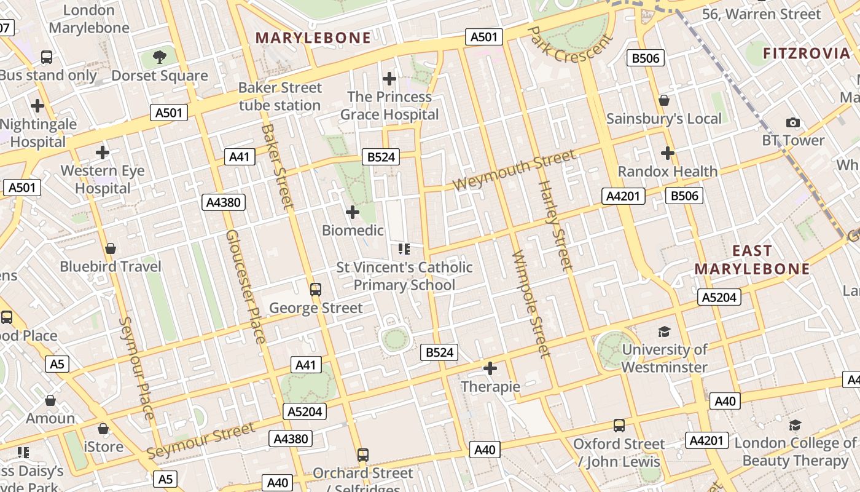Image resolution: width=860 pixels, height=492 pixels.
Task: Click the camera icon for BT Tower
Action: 793,122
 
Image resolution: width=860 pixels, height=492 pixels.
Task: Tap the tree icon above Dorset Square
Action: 160,58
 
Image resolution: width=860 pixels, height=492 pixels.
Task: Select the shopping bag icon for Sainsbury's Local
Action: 663,100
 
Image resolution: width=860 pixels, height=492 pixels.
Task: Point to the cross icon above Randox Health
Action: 668,153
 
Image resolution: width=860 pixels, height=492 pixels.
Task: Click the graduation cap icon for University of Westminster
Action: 664,332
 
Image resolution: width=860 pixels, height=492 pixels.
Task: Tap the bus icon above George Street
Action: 316,289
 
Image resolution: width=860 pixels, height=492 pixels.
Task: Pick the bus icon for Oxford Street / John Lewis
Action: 619,426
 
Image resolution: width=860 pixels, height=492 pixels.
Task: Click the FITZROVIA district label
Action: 807,54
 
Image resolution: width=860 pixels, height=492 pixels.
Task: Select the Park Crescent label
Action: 569,44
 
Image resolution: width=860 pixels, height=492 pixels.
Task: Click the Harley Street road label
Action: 555,225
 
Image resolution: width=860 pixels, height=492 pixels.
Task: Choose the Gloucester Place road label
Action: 246,286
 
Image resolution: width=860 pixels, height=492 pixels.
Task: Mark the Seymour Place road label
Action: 136,368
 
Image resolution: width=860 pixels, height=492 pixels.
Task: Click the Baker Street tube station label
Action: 280,97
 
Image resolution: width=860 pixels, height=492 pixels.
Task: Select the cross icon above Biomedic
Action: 353,213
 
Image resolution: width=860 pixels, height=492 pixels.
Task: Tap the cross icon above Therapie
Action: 490,369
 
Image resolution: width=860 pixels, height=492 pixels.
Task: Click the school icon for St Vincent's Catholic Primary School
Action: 404,249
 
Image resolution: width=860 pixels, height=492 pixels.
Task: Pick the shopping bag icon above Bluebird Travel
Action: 111,248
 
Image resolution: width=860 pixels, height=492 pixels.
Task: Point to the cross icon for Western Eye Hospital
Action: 103,153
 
